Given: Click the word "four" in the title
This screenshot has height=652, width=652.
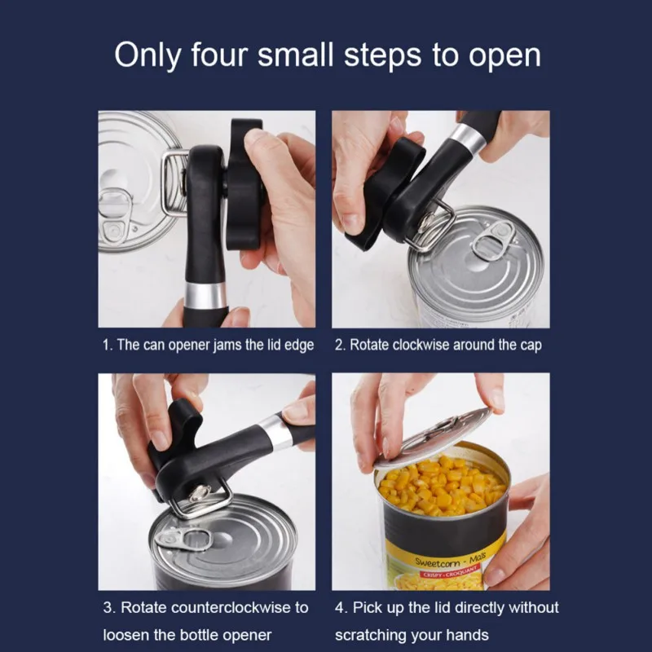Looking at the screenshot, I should tap(223, 55).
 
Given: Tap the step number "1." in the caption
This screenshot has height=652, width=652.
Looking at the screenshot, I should tap(108, 345).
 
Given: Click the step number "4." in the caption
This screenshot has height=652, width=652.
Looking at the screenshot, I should tap(341, 607).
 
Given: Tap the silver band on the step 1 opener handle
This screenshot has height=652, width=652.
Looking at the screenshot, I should tap(204, 293).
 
